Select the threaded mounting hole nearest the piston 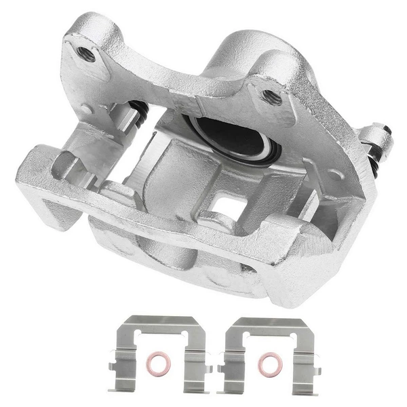tap(273, 96)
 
